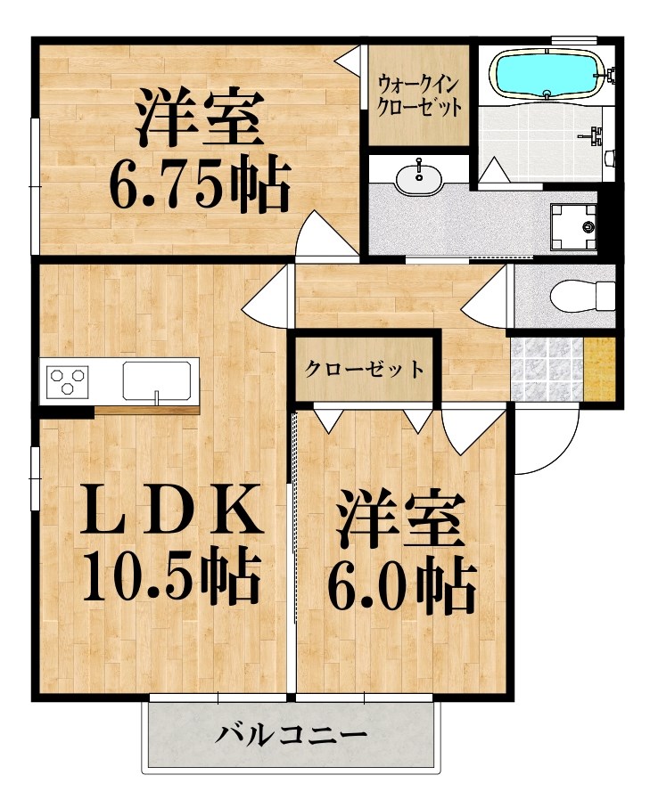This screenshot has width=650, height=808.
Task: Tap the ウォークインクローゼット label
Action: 419,95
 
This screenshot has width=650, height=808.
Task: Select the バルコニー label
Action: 292,736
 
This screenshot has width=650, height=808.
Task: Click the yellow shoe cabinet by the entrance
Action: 600,368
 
